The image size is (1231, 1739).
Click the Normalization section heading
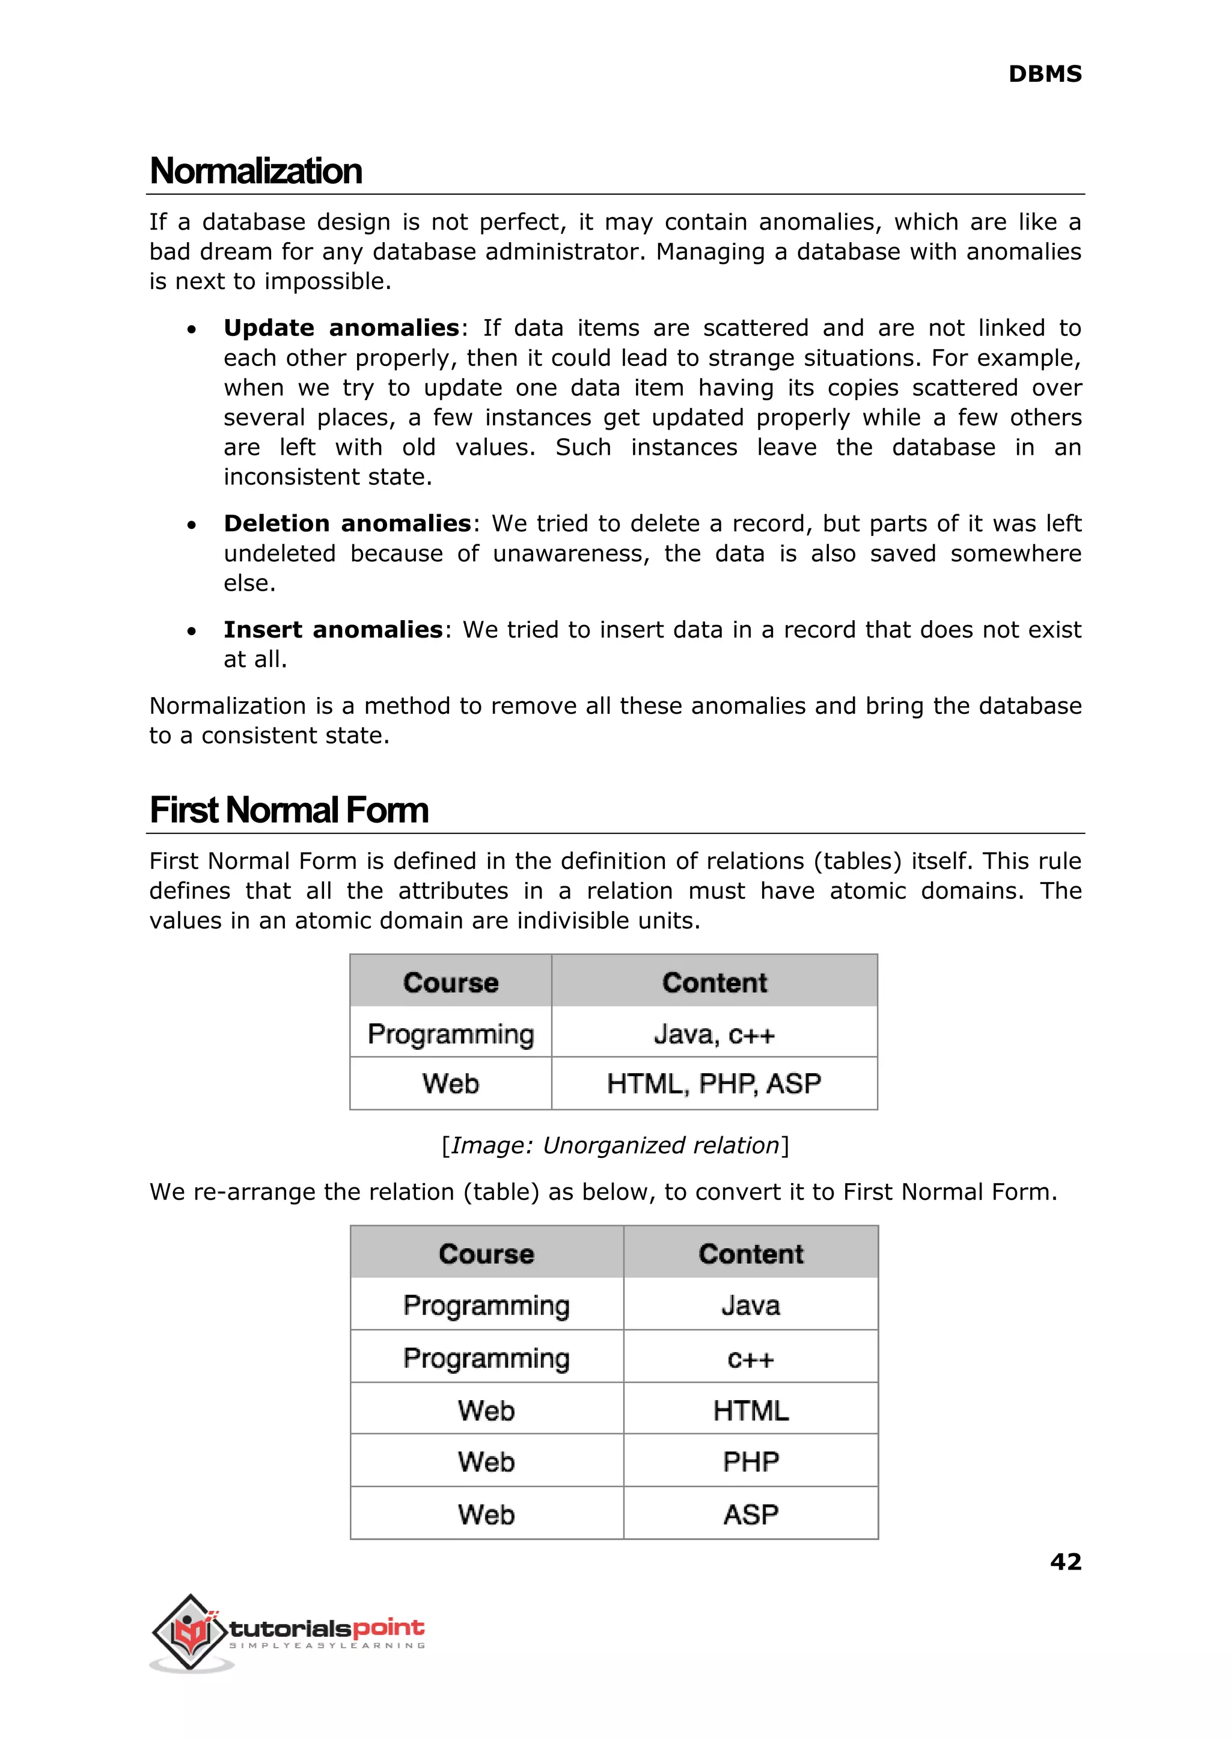click(256, 171)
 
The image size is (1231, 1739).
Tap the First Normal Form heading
click(289, 810)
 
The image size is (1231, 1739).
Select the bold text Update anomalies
click(341, 328)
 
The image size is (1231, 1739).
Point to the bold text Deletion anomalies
click(347, 523)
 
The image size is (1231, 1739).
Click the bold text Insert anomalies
click(333, 630)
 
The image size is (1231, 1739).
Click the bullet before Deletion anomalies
click(192, 525)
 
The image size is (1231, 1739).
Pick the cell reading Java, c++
click(714, 1034)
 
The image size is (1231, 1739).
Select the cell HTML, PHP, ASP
click(714, 1083)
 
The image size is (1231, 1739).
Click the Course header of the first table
click(451, 983)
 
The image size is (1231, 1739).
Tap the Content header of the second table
click(750, 1254)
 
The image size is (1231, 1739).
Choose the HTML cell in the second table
click(750, 1411)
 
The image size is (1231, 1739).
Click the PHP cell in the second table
click(750, 1461)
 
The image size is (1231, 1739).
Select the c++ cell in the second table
click(750, 1359)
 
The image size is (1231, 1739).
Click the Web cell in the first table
click(451, 1083)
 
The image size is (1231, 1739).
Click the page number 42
click(1065, 1562)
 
